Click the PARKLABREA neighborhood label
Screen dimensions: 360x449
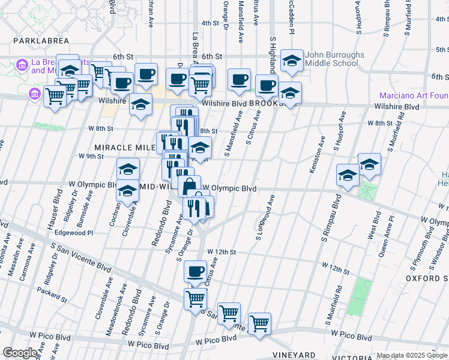pos(38,43)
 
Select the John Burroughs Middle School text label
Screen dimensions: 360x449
pos(334,59)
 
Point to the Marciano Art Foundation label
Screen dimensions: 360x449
pos(414,95)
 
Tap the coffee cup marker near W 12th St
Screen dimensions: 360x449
pos(195,271)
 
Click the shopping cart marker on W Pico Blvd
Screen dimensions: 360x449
pos(259,323)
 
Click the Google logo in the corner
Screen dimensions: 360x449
pos(20,352)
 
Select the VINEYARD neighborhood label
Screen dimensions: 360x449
pos(298,355)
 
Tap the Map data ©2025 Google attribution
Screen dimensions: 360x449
pos(412,355)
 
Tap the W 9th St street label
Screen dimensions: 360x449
pos(92,156)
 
